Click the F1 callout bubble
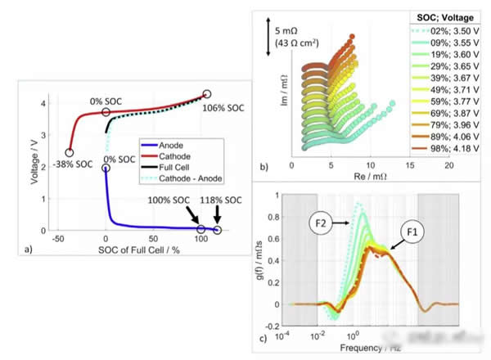(x=412, y=231)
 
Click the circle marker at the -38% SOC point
(x=69, y=152)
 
